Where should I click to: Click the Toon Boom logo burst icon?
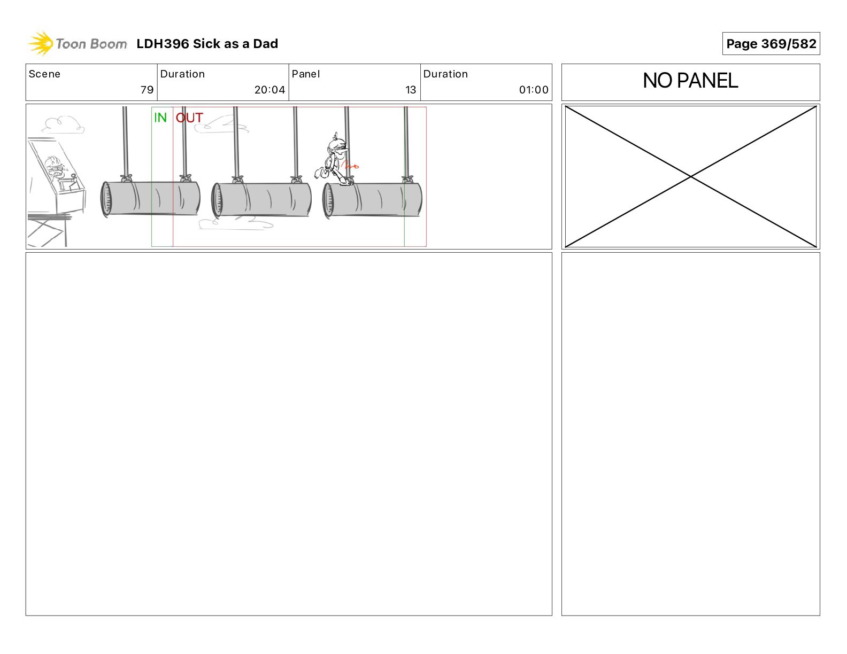(41, 43)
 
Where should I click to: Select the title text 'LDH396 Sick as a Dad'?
(207, 44)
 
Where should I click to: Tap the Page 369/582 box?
(771, 44)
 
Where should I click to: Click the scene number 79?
(147, 90)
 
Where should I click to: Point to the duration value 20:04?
(269, 90)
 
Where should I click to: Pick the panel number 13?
(411, 90)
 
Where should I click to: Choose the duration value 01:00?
(534, 90)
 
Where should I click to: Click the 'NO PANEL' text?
(690, 81)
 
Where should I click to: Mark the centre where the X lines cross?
(690, 177)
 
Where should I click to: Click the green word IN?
(160, 118)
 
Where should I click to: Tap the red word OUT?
(189, 118)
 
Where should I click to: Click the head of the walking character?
(337, 146)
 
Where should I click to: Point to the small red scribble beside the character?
(350, 166)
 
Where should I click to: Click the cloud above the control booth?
(63, 124)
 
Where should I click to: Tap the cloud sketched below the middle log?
(236, 223)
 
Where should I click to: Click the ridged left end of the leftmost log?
(106, 199)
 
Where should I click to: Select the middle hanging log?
(261, 199)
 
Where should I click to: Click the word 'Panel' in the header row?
(305, 74)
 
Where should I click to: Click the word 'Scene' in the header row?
(44, 74)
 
